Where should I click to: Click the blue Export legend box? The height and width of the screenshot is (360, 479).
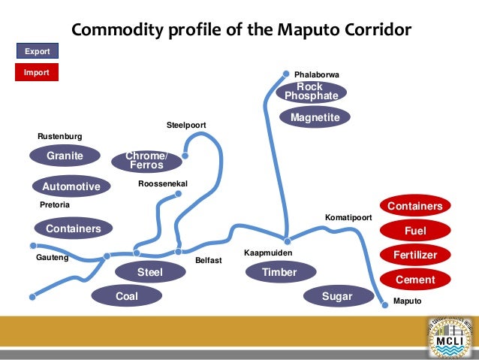pyautogui.click(x=38, y=51)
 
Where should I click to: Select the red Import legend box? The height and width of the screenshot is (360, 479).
pyautogui.click(x=38, y=73)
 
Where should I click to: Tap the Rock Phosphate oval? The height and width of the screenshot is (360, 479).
pyautogui.click(x=311, y=92)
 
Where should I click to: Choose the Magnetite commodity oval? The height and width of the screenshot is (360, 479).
pyautogui.click(x=315, y=118)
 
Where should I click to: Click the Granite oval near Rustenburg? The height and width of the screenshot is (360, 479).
pyautogui.click(x=65, y=156)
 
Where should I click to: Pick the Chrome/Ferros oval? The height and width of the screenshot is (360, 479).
pyautogui.click(x=146, y=161)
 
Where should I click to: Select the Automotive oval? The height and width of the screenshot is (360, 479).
pyautogui.click(x=71, y=186)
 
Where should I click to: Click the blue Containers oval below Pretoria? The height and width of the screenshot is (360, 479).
pyautogui.click(x=73, y=228)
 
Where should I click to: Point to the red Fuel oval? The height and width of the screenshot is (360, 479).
pyautogui.click(x=414, y=231)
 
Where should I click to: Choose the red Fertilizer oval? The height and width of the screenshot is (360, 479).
pyautogui.click(x=414, y=256)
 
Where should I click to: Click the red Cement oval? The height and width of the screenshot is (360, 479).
pyautogui.click(x=414, y=280)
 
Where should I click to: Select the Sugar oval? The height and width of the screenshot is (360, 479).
pyautogui.click(x=337, y=296)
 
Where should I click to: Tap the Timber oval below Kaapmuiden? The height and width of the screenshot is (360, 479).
pyautogui.click(x=279, y=272)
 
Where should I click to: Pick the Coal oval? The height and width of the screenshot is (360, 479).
pyautogui.click(x=127, y=296)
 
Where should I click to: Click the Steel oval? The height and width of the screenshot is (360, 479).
pyautogui.click(x=149, y=271)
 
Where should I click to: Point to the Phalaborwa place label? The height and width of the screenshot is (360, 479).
pyautogui.click(x=317, y=75)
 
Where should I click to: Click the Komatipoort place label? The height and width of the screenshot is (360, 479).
pyautogui.click(x=348, y=217)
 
